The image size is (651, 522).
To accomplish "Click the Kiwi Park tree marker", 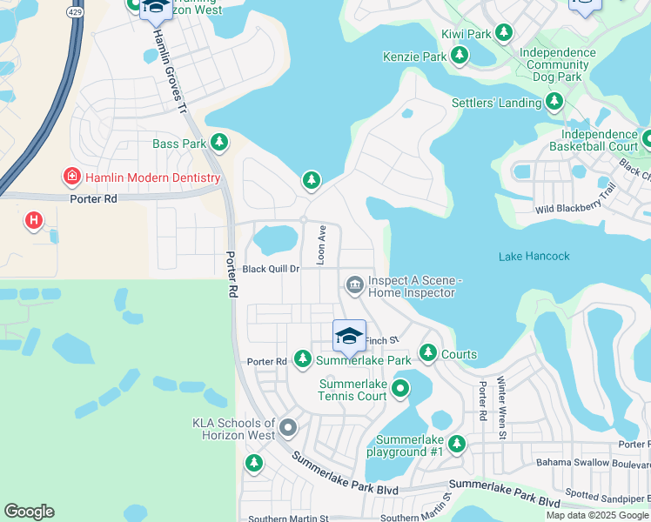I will pos(503,33).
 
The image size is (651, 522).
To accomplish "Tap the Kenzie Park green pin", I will pos(460,57).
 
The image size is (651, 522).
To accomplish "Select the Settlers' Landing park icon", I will pos(554,103).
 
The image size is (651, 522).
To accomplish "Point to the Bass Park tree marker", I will pos(219,142).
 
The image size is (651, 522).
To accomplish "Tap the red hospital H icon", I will pos(34,221).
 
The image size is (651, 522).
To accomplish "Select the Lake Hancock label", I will pos(534,256).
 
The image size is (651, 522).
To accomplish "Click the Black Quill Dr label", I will pos(271,269).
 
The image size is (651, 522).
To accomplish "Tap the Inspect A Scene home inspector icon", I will pos(354,284).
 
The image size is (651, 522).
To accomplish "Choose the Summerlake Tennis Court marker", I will pos(400,388).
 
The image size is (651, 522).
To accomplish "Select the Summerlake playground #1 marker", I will pos(456,445).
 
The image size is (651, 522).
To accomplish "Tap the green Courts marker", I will pos(427,352).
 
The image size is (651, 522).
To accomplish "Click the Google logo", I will pos(29,512).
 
